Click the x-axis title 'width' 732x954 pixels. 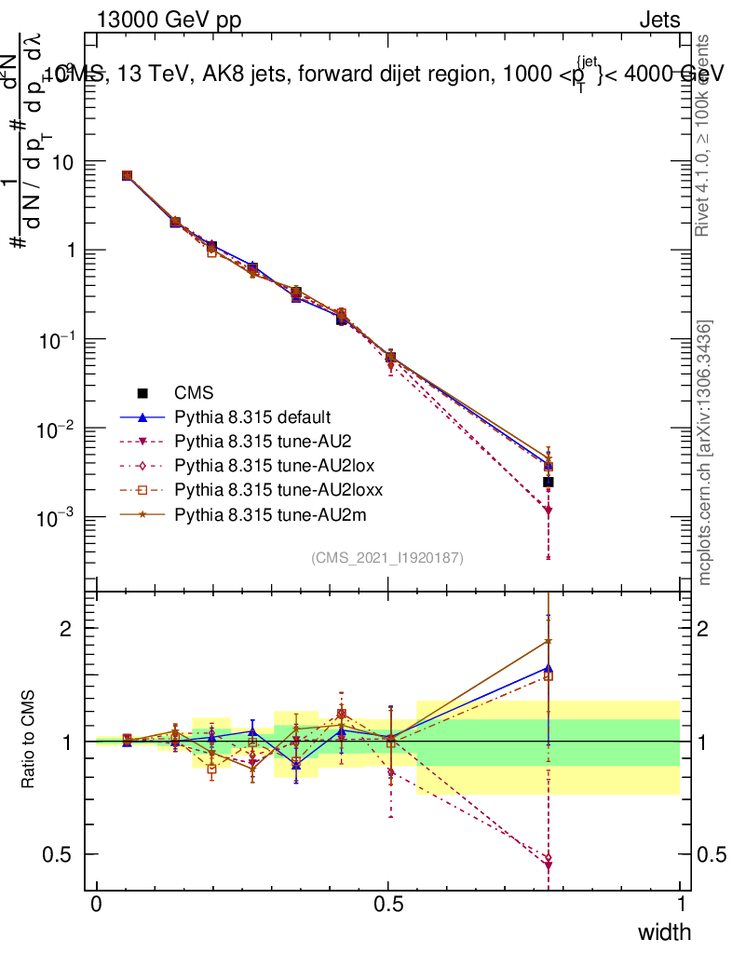point(664,932)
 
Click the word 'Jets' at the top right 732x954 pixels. point(658,20)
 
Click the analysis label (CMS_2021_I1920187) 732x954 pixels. point(387,557)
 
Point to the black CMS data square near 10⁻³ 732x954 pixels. point(549,482)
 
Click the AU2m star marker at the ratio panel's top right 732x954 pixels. point(549,641)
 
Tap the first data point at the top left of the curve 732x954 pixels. point(127,175)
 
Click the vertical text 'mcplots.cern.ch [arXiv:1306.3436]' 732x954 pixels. point(705,453)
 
